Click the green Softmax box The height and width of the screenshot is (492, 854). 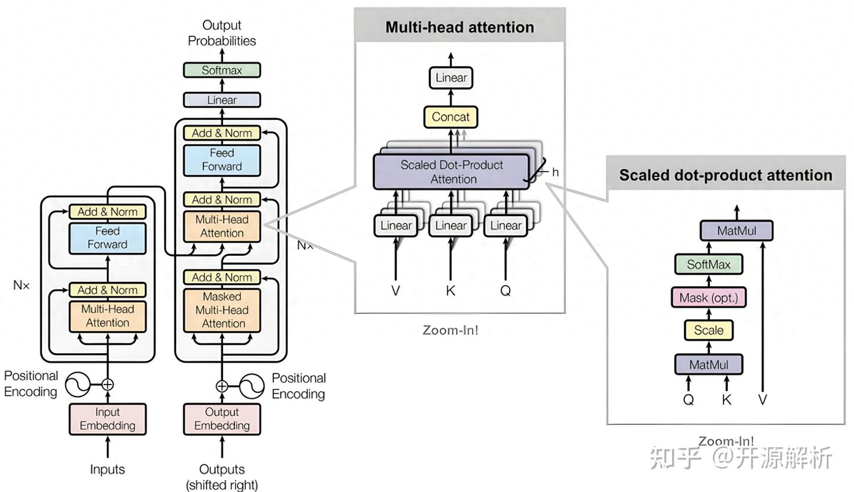click(x=222, y=70)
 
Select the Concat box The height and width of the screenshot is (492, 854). click(x=451, y=117)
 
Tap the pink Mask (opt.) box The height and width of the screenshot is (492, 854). click(x=709, y=297)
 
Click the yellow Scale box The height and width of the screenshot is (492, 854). click(x=709, y=330)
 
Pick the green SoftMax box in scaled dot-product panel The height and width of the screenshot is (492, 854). click(x=709, y=264)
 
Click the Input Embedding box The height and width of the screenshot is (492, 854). click(x=107, y=419)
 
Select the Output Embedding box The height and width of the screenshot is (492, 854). click(x=222, y=419)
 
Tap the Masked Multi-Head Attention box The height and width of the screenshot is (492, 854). click(x=222, y=310)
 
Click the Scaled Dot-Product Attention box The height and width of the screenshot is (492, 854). click(x=451, y=172)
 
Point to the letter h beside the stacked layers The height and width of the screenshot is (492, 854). click(x=556, y=172)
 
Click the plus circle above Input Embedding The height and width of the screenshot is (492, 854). click(x=107, y=385)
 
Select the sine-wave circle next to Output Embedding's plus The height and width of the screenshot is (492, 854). click(x=251, y=386)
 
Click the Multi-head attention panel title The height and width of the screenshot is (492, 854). click(x=460, y=27)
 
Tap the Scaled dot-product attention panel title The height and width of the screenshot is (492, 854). click(x=726, y=175)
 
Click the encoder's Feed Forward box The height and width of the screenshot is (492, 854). click(x=107, y=238)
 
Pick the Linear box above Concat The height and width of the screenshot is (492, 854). click(x=451, y=78)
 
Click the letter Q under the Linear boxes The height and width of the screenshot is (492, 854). click(x=505, y=291)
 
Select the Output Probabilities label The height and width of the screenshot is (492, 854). click(x=222, y=33)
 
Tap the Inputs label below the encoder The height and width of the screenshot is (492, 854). click(x=107, y=469)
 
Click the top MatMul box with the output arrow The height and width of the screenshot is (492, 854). click(x=737, y=231)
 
